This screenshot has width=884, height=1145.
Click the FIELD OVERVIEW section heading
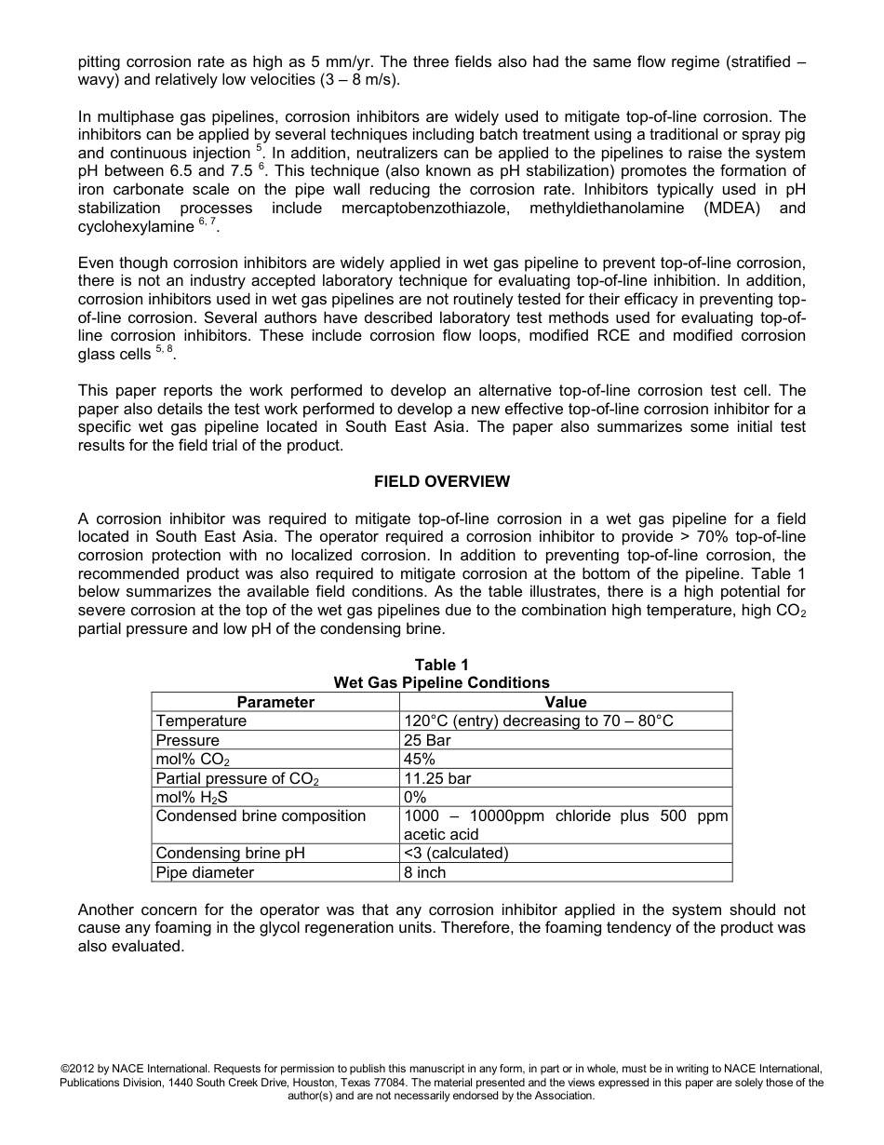(x=441, y=481)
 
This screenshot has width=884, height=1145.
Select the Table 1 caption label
(x=441, y=665)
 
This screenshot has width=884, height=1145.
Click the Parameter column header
(x=275, y=702)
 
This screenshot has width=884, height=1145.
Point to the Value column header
(x=565, y=702)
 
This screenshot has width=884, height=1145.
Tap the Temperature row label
(x=201, y=721)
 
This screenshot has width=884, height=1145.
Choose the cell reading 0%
(x=415, y=798)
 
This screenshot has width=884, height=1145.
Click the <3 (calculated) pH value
(x=456, y=854)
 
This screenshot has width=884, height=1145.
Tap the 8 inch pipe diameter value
(x=424, y=873)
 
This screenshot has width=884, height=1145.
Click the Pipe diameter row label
(x=205, y=873)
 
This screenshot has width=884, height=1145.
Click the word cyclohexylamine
(x=136, y=227)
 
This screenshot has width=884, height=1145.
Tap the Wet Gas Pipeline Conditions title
(x=441, y=683)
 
